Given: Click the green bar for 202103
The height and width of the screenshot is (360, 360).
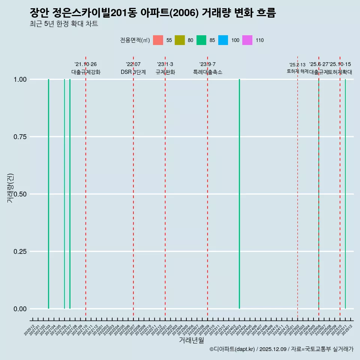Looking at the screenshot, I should [x=48, y=194].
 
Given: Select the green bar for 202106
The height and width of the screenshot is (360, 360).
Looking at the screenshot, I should [x=64, y=194].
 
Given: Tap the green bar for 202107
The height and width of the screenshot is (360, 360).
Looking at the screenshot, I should [x=70, y=194].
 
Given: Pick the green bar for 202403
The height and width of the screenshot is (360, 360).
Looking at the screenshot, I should [x=239, y=194].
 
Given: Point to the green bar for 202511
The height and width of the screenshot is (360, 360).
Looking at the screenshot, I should [x=345, y=194].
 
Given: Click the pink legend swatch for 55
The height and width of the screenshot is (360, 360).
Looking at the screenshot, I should [x=158, y=40].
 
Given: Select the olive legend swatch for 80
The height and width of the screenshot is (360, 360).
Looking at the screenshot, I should [x=180, y=40].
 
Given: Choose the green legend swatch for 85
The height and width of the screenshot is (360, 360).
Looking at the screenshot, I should [x=201, y=40].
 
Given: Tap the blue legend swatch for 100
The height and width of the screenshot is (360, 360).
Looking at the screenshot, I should [x=223, y=40].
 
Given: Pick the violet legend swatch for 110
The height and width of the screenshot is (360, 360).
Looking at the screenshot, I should [x=247, y=40].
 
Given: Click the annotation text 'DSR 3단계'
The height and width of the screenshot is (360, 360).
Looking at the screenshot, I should [x=133, y=72].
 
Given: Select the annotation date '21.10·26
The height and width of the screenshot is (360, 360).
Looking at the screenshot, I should [x=85, y=64].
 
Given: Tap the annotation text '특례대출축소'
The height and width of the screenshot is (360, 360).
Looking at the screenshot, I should [x=207, y=72].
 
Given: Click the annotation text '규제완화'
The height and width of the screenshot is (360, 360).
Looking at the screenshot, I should [x=165, y=72].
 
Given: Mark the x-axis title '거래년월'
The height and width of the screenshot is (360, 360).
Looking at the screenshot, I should [x=191, y=340].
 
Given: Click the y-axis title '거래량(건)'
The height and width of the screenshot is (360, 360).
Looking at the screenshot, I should [x=10, y=187].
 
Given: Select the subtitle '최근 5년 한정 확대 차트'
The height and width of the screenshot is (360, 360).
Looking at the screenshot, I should [x=64, y=24].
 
